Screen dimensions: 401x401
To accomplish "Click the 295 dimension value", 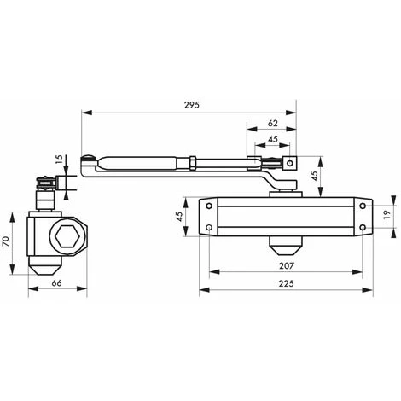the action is pyautogui.click(x=192, y=105).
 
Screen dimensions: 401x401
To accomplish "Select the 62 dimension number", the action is pyautogui.click(x=272, y=123).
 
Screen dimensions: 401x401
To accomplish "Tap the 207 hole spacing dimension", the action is pyautogui.click(x=286, y=265).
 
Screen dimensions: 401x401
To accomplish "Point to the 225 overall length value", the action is pyautogui.click(x=286, y=283).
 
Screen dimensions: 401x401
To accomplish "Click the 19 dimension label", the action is pyautogui.click(x=387, y=214).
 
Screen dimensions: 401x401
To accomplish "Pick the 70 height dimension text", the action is pyautogui.click(x=6, y=241).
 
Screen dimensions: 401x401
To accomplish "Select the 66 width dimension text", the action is pyautogui.click(x=56, y=283).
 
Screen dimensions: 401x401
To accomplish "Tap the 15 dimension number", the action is pyautogui.click(x=59, y=160).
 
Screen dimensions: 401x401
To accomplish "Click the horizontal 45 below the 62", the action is pyautogui.click(x=273, y=139).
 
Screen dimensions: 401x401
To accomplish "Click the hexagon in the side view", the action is pyautogui.click(x=67, y=235).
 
